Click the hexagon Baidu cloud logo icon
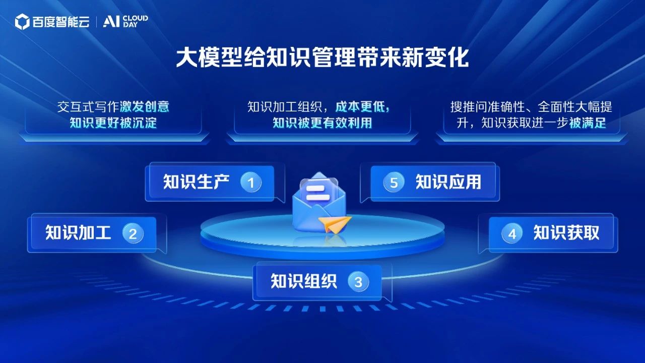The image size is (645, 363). tap(22, 22)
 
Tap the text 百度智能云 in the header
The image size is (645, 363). tap(61, 22)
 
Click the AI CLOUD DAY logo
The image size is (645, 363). tap(125, 21)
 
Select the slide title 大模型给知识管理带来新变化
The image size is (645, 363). tap(322, 58)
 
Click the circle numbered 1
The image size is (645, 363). tap(251, 183)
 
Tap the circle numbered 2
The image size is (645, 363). tap(133, 233)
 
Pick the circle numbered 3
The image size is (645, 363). tap(358, 281)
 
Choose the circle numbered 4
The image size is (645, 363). tap(512, 233)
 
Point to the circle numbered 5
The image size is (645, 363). tap(394, 183)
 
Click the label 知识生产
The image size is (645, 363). tap(197, 182)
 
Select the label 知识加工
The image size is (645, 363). tap(78, 232)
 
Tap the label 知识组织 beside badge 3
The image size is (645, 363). tap(304, 281)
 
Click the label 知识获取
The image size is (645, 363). tap(566, 232)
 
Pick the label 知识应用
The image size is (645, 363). tap(448, 182)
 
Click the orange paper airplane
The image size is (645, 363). tap(335, 224)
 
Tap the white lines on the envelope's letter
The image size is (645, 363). tap(317, 193)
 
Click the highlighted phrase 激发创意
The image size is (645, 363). tap(145, 107)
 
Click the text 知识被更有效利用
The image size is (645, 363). tap(322, 123)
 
